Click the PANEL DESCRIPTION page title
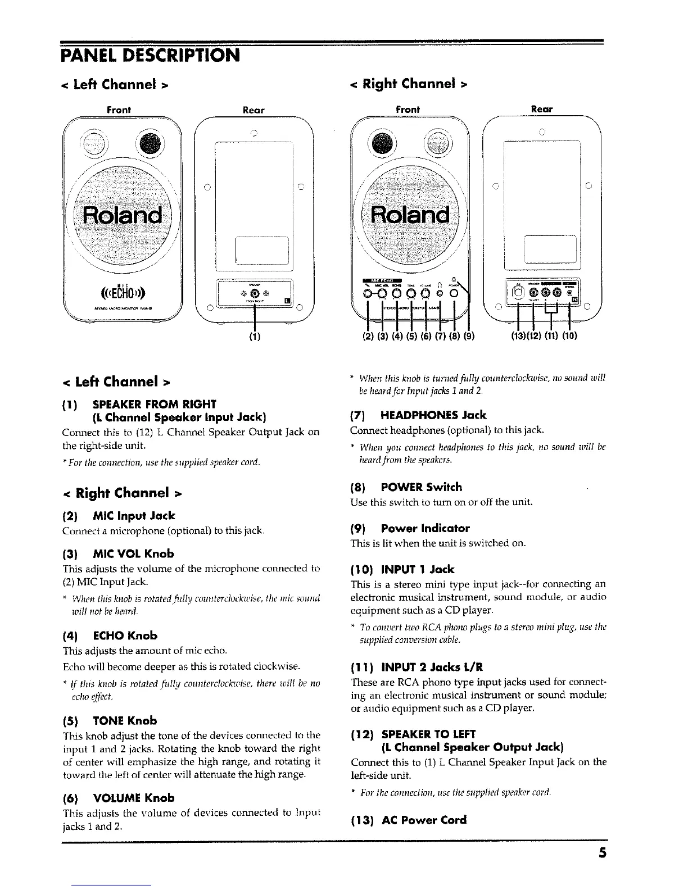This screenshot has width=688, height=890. click(x=150, y=56)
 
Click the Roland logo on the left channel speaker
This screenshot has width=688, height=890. click(x=123, y=215)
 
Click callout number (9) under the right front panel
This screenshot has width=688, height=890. click(x=469, y=338)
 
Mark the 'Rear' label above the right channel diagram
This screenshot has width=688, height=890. click(x=541, y=109)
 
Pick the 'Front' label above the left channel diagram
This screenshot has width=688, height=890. click(x=119, y=110)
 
